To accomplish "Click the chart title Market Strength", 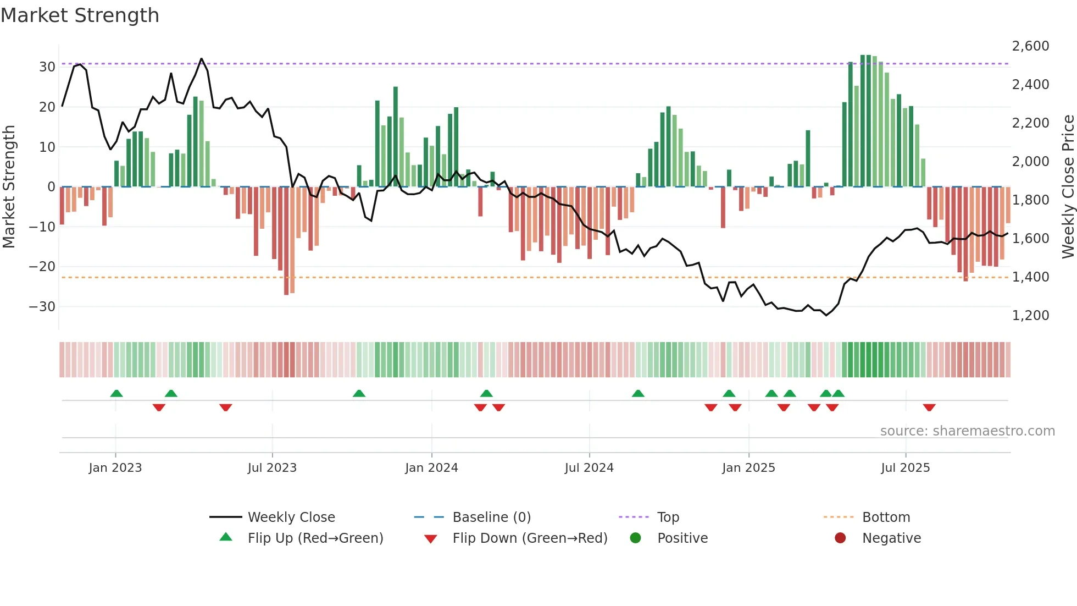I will tap(80, 15).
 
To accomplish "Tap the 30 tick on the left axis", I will tap(47, 67).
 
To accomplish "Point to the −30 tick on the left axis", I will tap(42, 307).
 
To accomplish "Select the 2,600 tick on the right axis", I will tap(1030, 46).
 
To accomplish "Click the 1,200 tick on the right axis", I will tap(1030, 316).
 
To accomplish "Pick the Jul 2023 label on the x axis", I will tap(272, 468).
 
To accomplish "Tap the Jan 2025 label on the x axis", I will tap(748, 468).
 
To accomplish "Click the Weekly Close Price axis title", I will tap(1068, 187).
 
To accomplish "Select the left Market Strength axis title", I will tap(9, 187).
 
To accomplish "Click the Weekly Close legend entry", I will tap(291, 517).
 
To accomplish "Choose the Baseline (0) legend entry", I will tap(491, 517).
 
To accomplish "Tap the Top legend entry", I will tap(668, 517).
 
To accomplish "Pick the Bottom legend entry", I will tap(886, 517).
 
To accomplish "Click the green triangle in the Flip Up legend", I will tap(226, 537).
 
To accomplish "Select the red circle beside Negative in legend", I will tap(840, 538).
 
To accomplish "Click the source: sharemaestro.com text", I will tap(967, 431).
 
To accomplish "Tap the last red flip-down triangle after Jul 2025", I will tap(929, 407).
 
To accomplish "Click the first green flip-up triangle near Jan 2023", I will tap(116, 393).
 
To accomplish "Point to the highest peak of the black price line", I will tap(201, 59).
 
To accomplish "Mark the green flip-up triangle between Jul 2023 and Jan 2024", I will tap(359, 393).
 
